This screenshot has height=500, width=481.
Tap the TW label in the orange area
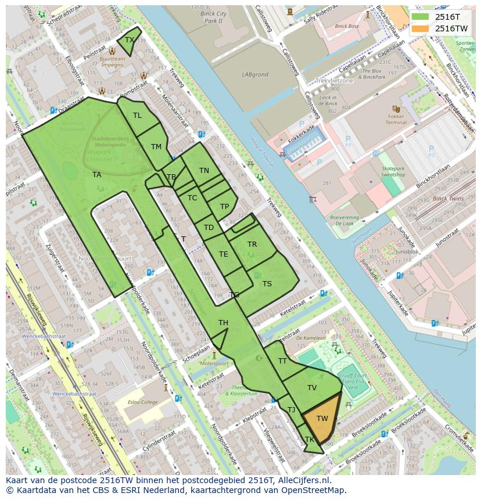click(322, 418)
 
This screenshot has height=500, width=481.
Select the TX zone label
click(130, 40)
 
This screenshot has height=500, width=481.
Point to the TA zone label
click(96, 174)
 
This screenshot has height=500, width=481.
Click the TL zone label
click(137, 116)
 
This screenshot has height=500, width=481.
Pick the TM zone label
click(156, 147)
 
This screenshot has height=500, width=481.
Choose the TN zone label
click(204, 171)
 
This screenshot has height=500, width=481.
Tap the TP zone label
click(224, 207)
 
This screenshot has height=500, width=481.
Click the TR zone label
click(252, 244)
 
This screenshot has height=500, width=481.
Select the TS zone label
click(267, 284)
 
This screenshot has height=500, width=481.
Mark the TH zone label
click(223, 323)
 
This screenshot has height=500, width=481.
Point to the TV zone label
click(312, 388)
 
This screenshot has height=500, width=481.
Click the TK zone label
click(309, 440)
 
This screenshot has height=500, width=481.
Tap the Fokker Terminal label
click(396, 119)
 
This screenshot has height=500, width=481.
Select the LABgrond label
click(255, 75)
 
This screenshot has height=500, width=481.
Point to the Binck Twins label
click(448, 199)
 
